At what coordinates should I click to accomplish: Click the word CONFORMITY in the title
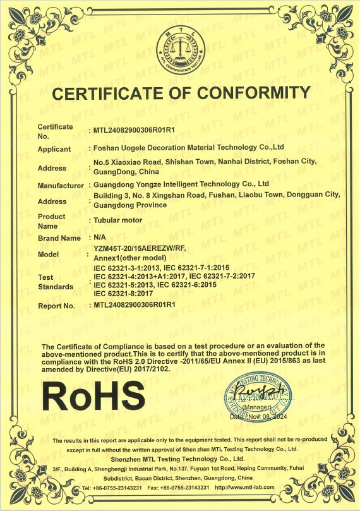[250, 93]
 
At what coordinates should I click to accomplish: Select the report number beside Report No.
[134, 305]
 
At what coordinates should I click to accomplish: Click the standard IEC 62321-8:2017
[124, 294]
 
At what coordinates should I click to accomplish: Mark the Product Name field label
[51, 221]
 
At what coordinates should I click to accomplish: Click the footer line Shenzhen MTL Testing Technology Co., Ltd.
[179, 458]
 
